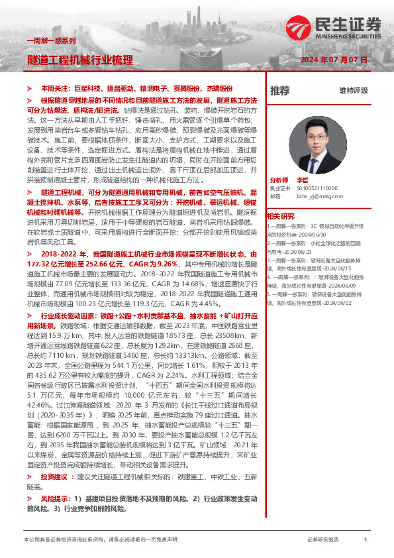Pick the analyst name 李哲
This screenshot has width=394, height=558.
[x=303, y=180]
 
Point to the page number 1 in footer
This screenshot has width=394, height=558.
[x=366, y=540]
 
